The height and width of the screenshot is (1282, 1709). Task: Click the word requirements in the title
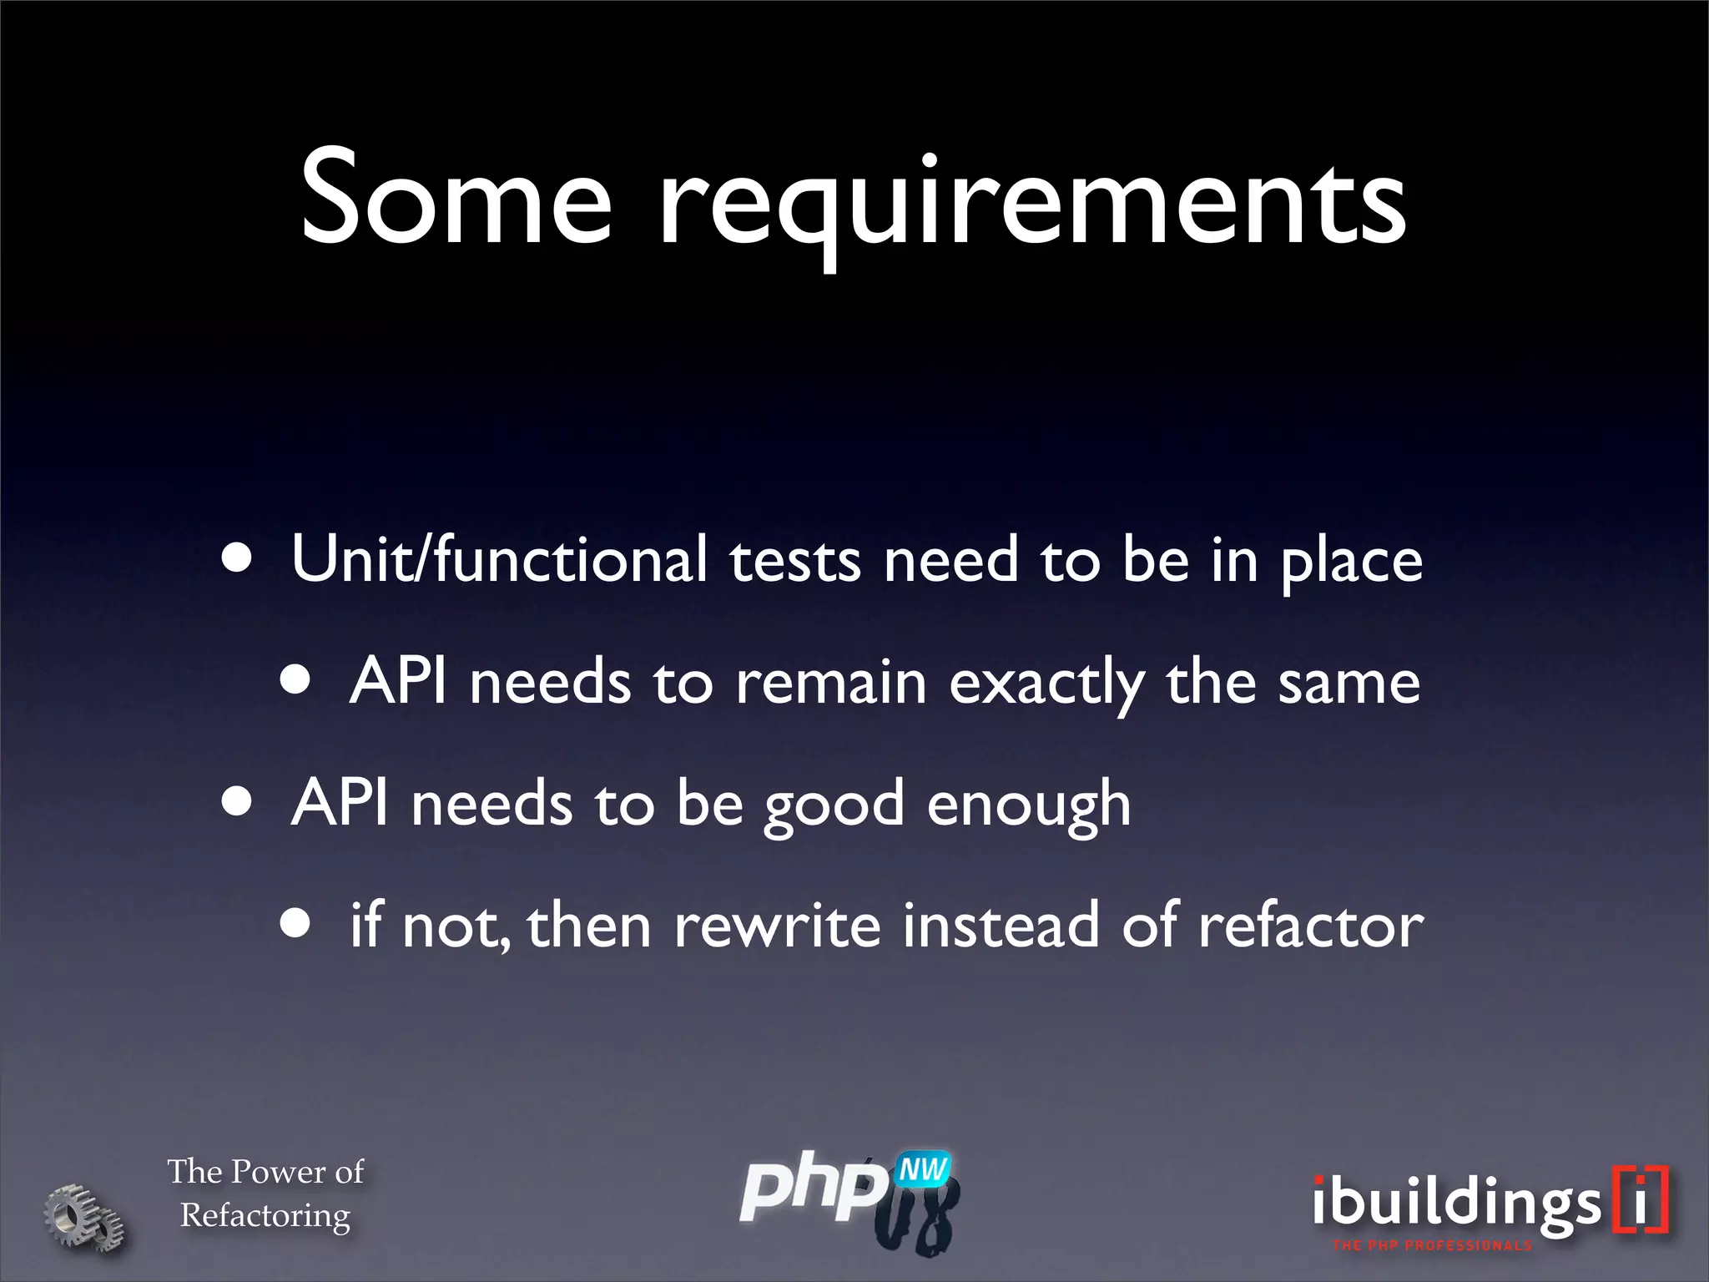pyautogui.click(x=1032, y=204)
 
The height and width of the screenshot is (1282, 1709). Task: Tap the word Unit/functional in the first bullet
pyautogui.click(x=499, y=559)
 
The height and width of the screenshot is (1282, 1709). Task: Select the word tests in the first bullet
pyautogui.click(x=794, y=561)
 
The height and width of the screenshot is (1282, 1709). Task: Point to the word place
pyautogui.click(x=1351, y=563)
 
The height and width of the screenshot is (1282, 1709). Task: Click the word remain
pyautogui.click(x=831, y=683)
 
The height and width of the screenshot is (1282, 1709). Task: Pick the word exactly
pyautogui.click(x=1046, y=684)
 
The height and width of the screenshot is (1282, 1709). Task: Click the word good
pyautogui.click(x=834, y=806)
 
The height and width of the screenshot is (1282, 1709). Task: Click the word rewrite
pyautogui.click(x=777, y=926)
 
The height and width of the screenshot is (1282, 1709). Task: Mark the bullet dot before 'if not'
pyautogui.click(x=295, y=924)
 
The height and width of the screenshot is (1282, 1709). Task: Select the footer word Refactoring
pyautogui.click(x=265, y=1216)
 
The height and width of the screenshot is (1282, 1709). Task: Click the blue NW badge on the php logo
pyautogui.click(x=922, y=1170)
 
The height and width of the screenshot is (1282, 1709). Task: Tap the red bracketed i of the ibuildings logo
pyautogui.click(x=1641, y=1199)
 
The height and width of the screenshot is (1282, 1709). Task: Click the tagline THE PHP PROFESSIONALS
pyautogui.click(x=1432, y=1246)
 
